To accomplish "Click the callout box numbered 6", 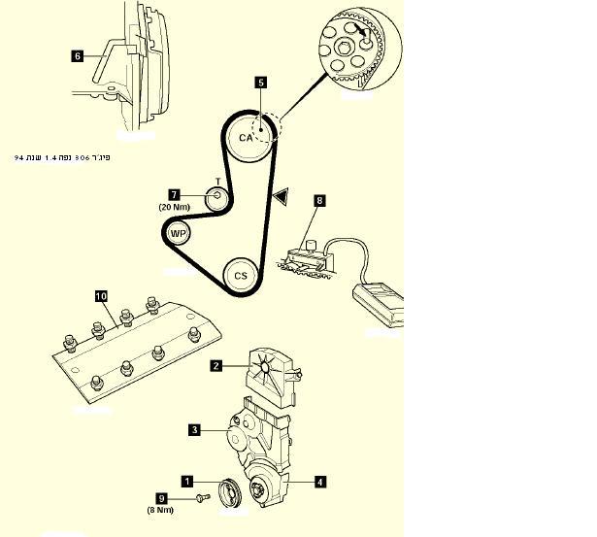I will pos(78,55).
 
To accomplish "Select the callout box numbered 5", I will pos(261,84).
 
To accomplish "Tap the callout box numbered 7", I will pos(175,194).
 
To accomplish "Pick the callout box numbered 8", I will pos(318,201).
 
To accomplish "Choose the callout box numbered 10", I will pos(101,293).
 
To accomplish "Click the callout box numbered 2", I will pos(216,366).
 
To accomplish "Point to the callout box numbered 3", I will pos(194,429).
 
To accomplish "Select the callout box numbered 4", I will pos(319,480).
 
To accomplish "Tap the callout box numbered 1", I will pos(187,480).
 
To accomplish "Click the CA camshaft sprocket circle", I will pos(246,138).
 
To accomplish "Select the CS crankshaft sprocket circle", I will pos(241,275).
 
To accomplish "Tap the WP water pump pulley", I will pos(178,233).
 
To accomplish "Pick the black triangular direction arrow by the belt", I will pos(281,197).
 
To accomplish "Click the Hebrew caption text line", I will pos(63,156).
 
